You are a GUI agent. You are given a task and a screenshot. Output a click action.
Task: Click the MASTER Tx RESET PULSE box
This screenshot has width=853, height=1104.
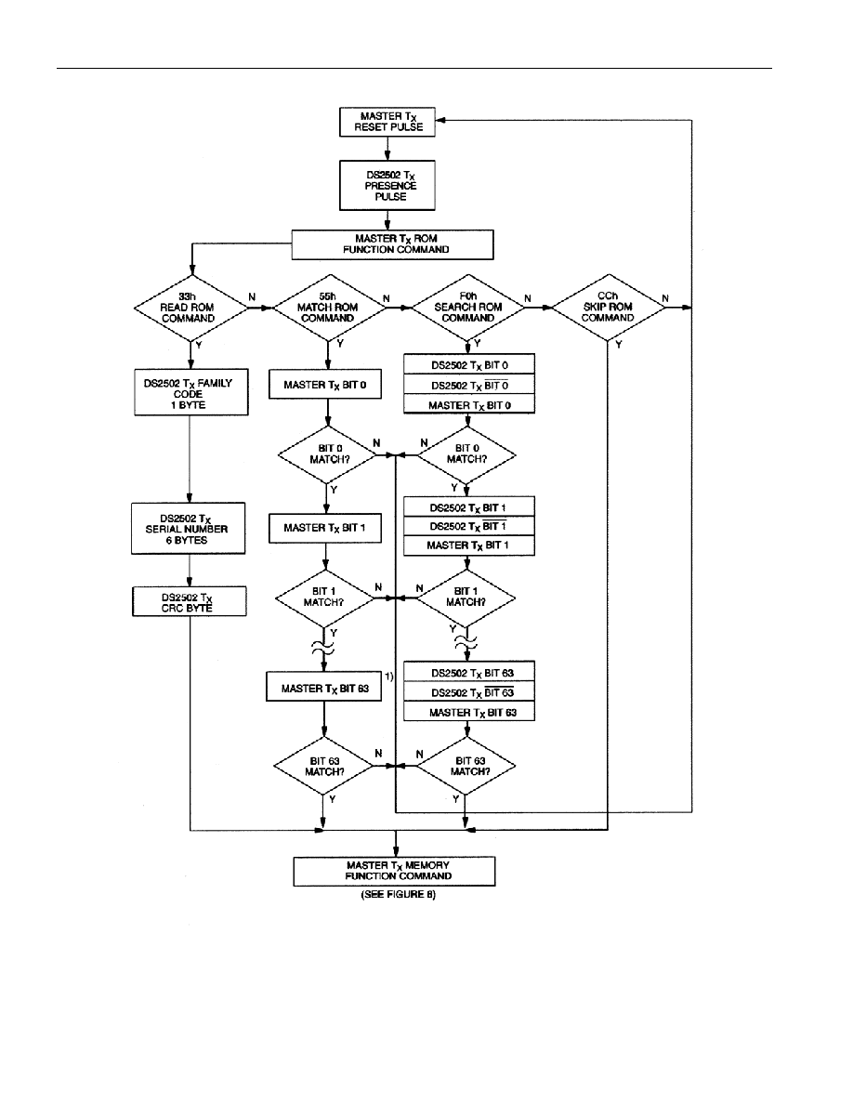[387, 121]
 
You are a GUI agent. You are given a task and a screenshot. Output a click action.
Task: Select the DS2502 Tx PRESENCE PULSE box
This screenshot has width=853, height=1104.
[387, 185]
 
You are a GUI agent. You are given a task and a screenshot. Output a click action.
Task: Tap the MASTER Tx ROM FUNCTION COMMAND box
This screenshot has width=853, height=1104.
[393, 244]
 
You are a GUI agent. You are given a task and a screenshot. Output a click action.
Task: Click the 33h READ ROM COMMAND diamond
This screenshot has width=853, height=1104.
[190, 309]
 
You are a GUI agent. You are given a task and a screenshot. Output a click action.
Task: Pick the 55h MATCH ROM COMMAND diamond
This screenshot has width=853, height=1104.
[329, 308]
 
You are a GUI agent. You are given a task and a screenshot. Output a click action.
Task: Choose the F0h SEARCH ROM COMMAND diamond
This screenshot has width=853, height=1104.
[468, 308]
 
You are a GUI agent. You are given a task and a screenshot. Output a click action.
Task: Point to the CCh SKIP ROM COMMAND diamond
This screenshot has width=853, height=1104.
[608, 308]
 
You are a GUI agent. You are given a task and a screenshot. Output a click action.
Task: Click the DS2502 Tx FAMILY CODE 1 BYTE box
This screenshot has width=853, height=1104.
[190, 392]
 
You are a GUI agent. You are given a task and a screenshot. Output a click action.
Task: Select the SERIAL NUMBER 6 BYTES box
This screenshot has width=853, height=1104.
[188, 528]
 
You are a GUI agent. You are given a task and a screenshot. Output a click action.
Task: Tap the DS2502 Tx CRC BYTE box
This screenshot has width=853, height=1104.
[190, 601]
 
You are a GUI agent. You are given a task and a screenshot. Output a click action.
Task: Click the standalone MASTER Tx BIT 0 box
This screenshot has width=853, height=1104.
[325, 385]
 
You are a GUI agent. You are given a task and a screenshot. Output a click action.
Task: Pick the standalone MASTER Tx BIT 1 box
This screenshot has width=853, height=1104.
[325, 528]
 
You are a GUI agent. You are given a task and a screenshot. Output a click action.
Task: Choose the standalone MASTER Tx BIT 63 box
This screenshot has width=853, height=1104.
[324, 687]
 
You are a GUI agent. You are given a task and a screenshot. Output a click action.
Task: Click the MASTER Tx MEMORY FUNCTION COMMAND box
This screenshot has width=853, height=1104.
[394, 871]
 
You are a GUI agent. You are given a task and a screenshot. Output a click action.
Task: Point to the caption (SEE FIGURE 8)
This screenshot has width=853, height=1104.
[399, 894]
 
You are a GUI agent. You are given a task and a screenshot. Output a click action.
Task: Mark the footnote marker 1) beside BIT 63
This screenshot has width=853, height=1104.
[389, 676]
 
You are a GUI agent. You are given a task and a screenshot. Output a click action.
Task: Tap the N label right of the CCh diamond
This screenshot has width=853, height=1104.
[666, 297]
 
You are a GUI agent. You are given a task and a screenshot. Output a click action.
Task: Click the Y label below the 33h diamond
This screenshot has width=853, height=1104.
[199, 346]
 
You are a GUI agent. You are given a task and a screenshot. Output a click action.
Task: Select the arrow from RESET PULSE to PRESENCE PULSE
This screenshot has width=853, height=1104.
[387, 148]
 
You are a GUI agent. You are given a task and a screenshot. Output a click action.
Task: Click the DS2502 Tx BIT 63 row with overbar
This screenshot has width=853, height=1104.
[469, 692]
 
